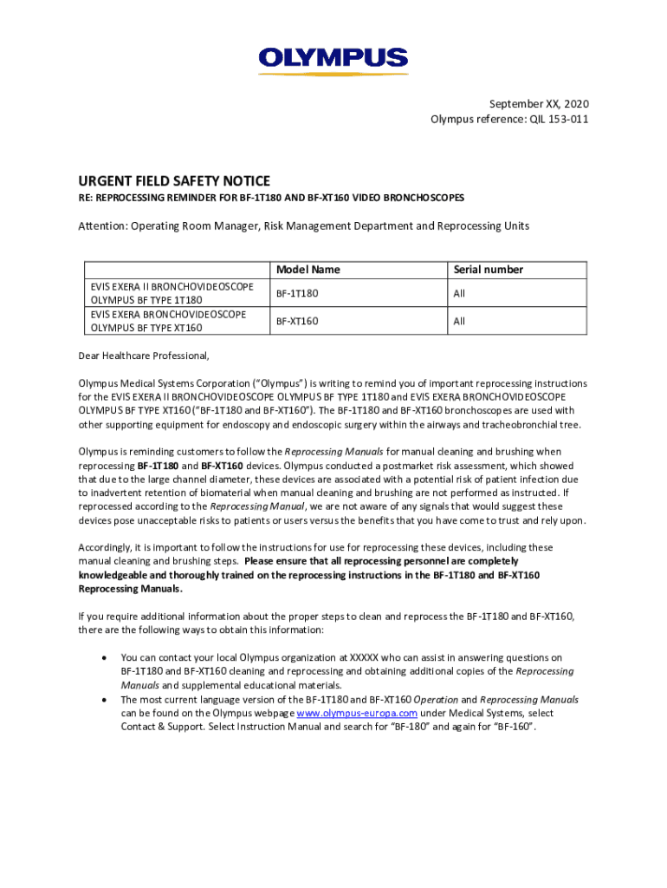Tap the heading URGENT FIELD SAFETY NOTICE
[174, 180]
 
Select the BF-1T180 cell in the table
[297, 294]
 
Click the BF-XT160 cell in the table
[297, 321]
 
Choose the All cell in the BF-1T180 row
[459, 294]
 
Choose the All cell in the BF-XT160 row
[459, 321]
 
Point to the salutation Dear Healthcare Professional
[144, 356]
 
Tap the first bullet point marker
[104, 657]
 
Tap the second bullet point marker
[104, 699]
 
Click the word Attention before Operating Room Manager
[102, 226]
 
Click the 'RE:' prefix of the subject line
[86, 198]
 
